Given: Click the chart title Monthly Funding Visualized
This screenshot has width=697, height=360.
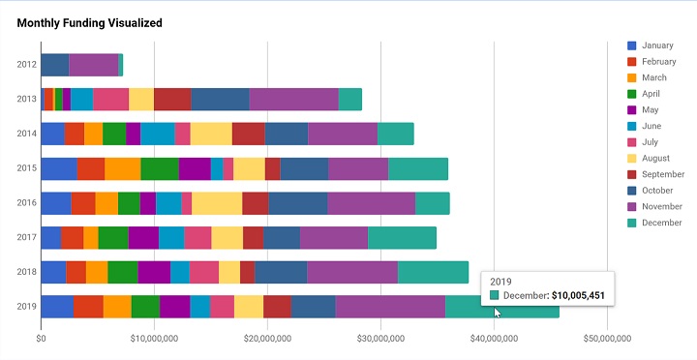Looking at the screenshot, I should click(90, 22).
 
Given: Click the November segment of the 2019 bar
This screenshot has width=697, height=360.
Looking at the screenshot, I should click(390, 307).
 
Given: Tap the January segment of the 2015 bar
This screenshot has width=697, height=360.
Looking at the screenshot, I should click(59, 168).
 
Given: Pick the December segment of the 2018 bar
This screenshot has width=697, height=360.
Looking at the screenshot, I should click(433, 272).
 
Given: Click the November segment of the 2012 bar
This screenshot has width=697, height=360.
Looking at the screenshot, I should click(94, 65).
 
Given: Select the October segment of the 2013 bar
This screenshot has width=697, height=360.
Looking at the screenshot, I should click(220, 99).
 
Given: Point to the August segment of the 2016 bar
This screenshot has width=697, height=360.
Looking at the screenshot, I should click(217, 203).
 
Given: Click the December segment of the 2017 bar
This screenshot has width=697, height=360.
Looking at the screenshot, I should click(402, 238).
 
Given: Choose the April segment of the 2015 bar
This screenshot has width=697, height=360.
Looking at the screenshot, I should click(160, 168).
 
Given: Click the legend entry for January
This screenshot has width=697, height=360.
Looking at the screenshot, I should click(657, 45).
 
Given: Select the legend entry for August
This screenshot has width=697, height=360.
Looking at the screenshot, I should click(656, 158).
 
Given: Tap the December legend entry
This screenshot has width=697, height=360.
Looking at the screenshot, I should click(661, 222).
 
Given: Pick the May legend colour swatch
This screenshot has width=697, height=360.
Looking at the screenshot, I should click(632, 109).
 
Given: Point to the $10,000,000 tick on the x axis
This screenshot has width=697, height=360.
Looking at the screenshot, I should click(154, 339).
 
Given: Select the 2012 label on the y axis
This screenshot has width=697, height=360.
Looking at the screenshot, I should click(27, 65).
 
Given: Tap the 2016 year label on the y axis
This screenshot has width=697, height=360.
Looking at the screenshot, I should click(27, 203).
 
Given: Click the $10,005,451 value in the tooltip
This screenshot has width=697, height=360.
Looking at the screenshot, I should click(579, 295).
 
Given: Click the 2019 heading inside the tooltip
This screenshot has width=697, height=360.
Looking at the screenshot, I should click(501, 281).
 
